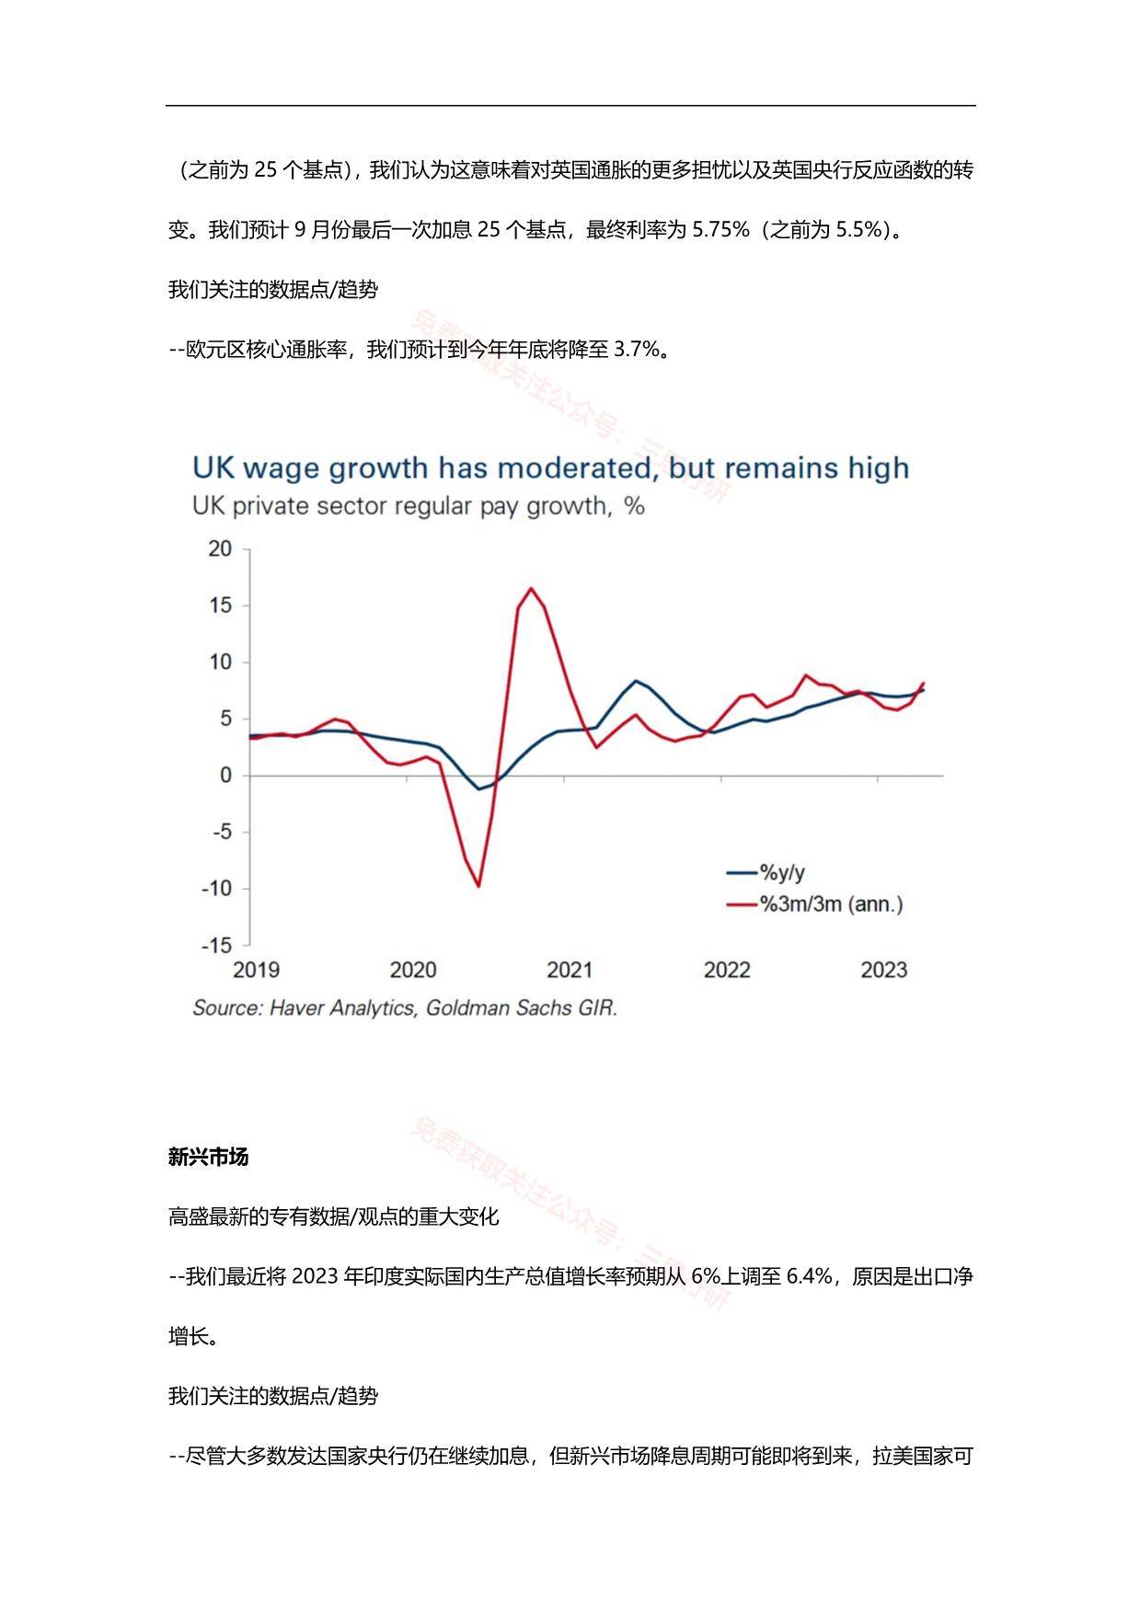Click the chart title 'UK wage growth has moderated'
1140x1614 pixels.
tap(550, 467)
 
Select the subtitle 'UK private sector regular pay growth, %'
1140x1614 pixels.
tap(418, 506)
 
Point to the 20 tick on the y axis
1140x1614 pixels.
tap(220, 549)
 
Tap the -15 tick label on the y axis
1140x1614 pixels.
tap(217, 945)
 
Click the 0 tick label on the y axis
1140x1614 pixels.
tap(225, 776)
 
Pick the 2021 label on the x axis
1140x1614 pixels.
tap(570, 970)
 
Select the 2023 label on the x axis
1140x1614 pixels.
tap(883, 970)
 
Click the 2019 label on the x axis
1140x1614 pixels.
tap(256, 970)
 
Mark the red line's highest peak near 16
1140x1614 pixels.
tap(531, 588)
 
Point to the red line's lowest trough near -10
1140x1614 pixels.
tap(478, 886)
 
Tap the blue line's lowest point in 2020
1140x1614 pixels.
tap(478, 789)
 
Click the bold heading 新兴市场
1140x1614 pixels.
tap(208, 1157)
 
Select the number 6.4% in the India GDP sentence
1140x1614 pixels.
tap(810, 1276)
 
